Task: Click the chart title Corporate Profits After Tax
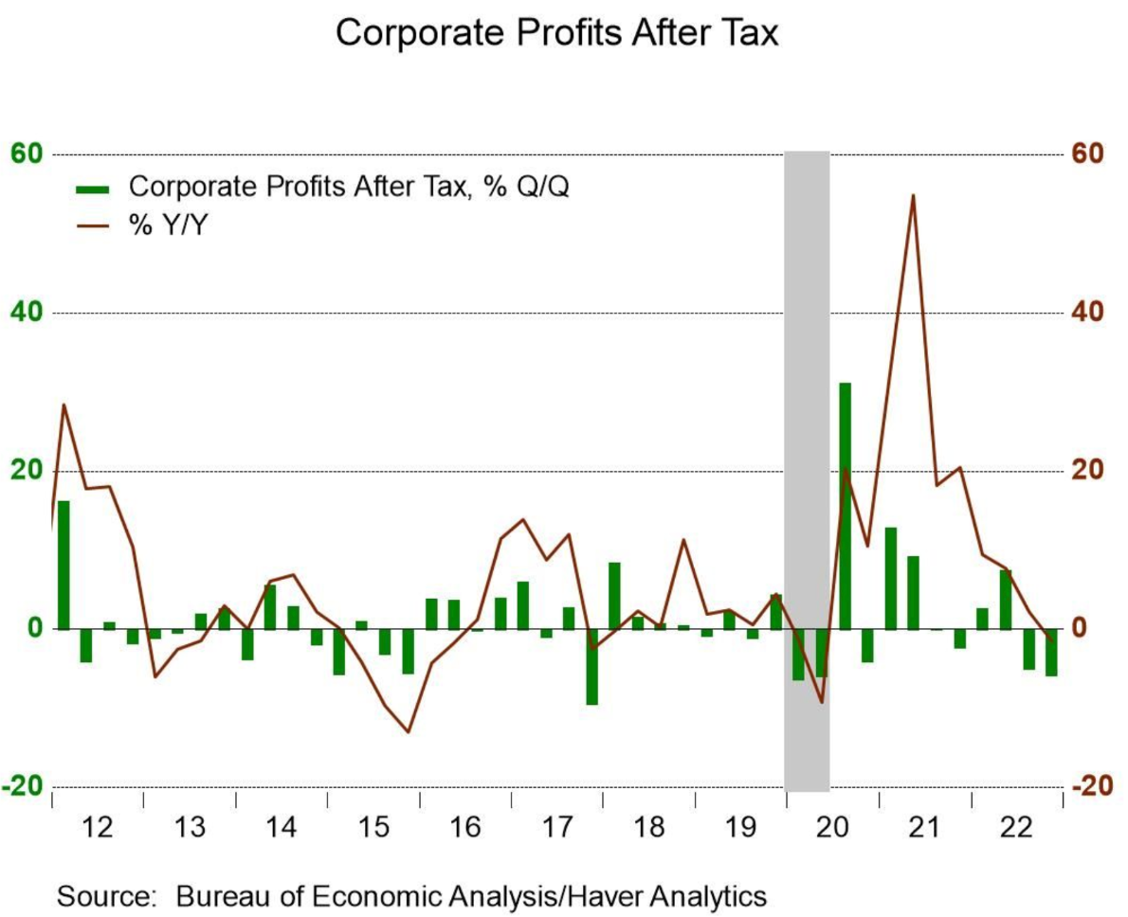(x=556, y=33)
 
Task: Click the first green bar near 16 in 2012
(x=64, y=565)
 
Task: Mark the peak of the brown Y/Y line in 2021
(x=912, y=195)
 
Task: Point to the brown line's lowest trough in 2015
(x=409, y=731)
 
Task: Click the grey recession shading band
(x=807, y=379)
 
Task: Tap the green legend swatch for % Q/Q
(x=94, y=188)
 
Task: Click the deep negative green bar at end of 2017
(x=591, y=667)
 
